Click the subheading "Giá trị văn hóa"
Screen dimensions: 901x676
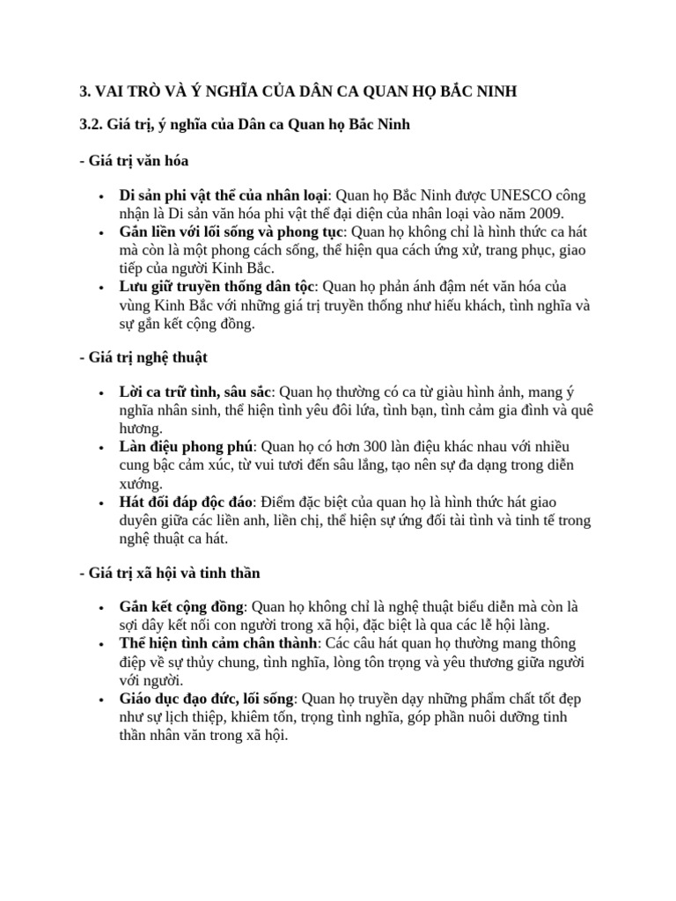(x=135, y=161)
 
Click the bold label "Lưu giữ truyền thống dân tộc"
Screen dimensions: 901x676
(x=217, y=287)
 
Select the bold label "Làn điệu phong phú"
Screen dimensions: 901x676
(x=186, y=447)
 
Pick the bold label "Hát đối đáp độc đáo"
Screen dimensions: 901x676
(x=187, y=502)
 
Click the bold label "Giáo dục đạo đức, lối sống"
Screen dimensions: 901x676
(x=208, y=699)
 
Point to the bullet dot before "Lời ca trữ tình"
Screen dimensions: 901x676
(x=103, y=392)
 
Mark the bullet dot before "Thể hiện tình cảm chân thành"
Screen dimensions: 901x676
(x=103, y=645)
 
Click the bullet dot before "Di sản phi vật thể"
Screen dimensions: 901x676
(x=103, y=195)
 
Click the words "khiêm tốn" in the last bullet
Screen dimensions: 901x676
(x=256, y=717)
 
